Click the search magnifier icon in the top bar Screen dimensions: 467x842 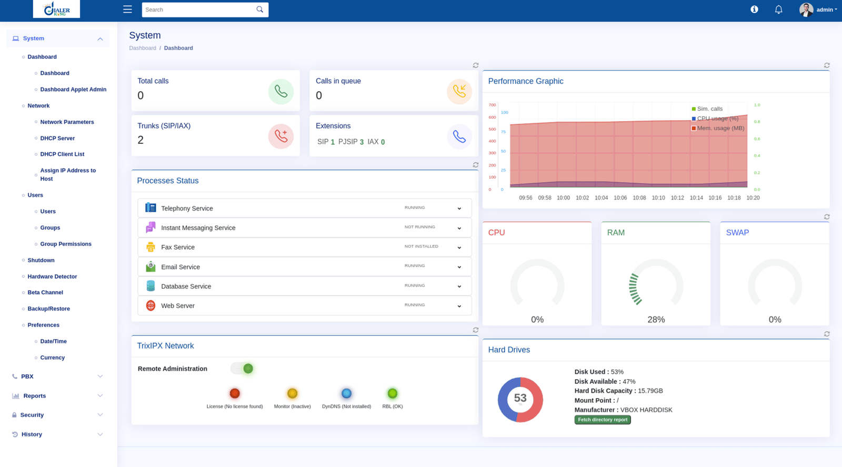pos(259,9)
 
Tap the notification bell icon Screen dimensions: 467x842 pos(778,9)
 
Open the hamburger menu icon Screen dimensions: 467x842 pos(127,9)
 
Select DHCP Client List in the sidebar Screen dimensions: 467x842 pos(62,154)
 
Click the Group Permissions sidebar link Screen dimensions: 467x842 pos(66,244)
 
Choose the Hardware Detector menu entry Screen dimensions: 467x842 pos(52,276)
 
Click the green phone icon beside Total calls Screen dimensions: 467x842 pos(280,92)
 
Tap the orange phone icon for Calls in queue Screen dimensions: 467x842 pos(459,92)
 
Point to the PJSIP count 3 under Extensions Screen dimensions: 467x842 pos(362,142)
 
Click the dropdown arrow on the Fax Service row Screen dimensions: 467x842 pos(459,247)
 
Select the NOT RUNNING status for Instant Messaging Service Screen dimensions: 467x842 pos(419,227)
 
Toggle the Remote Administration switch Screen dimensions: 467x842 pos(243,369)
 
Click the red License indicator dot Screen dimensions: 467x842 pos(235,393)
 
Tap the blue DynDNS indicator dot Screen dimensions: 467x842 pos(346,393)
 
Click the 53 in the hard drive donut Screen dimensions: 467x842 pos(520,399)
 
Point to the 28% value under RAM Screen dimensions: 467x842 pos(656,320)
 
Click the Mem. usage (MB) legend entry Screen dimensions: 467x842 pos(720,128)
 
